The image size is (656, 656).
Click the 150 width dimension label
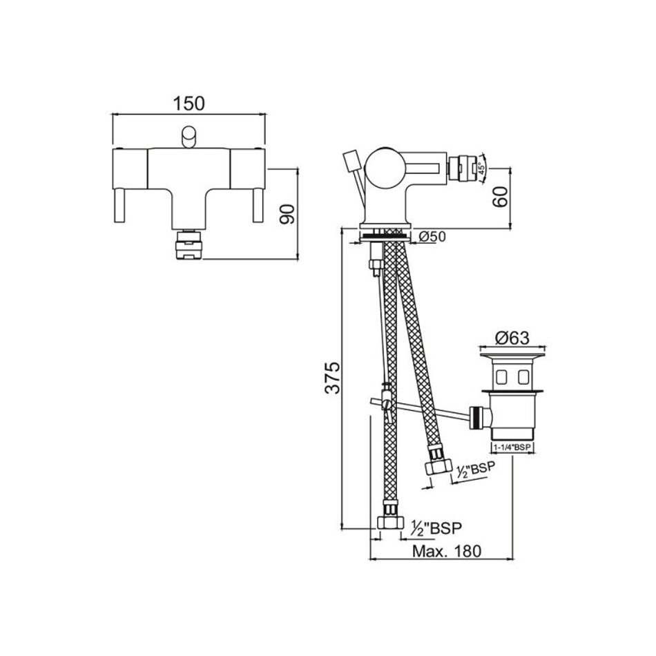click(189, 104)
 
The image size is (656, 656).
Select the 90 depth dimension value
click(287, 214)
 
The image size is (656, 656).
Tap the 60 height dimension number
click(501, 196)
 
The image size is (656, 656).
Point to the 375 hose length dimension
click(333, 378)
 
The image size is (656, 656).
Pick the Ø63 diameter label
click(512, 338)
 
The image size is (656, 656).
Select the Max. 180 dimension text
click(447, 551)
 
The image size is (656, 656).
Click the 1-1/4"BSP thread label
click(512, 447)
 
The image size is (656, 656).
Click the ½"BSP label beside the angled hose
click(474, 471)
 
